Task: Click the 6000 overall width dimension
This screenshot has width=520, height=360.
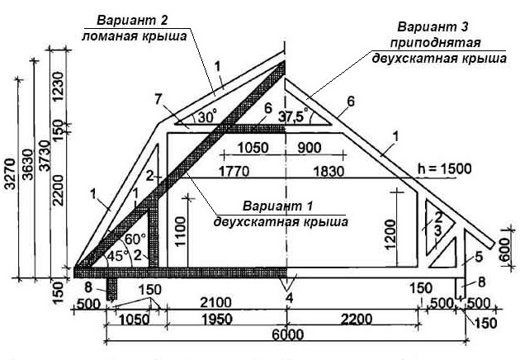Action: (286, 334)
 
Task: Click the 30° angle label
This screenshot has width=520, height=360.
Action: (206, 116)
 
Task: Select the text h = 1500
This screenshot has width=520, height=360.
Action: (445, 168)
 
